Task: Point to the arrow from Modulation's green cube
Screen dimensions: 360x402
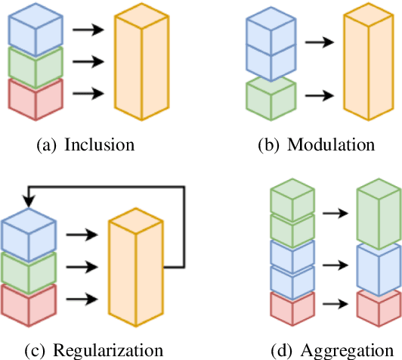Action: (x=323, y=96)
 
